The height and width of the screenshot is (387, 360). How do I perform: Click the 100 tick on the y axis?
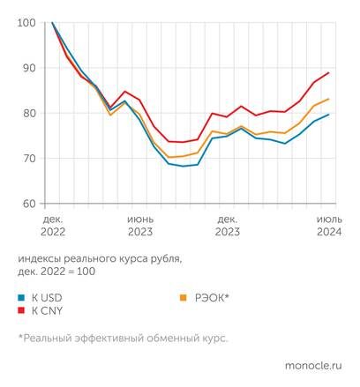tap(27, 23)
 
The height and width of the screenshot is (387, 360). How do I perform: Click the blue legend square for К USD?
tap(21, 298)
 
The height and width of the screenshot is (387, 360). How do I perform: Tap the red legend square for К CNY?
tap(21, 311)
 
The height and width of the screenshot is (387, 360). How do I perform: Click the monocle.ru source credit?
tap(312, 364)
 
